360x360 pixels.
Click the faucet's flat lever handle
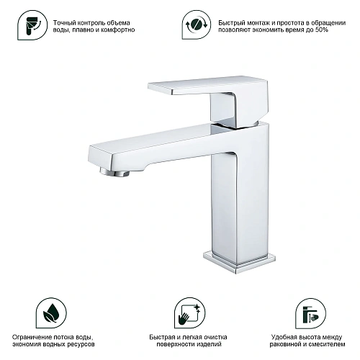click(x=207, y=86)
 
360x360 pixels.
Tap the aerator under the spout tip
click(x=114, y=172)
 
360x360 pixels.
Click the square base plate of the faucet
click(x=239, y=262)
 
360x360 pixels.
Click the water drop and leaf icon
click(x=51, y=313)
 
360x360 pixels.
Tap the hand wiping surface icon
click(x=190, y=313)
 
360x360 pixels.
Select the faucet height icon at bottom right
click(x=310, y=313)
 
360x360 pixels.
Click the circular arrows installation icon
click(x=197, y=24)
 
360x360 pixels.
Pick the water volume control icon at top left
click(x=32, y=25)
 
